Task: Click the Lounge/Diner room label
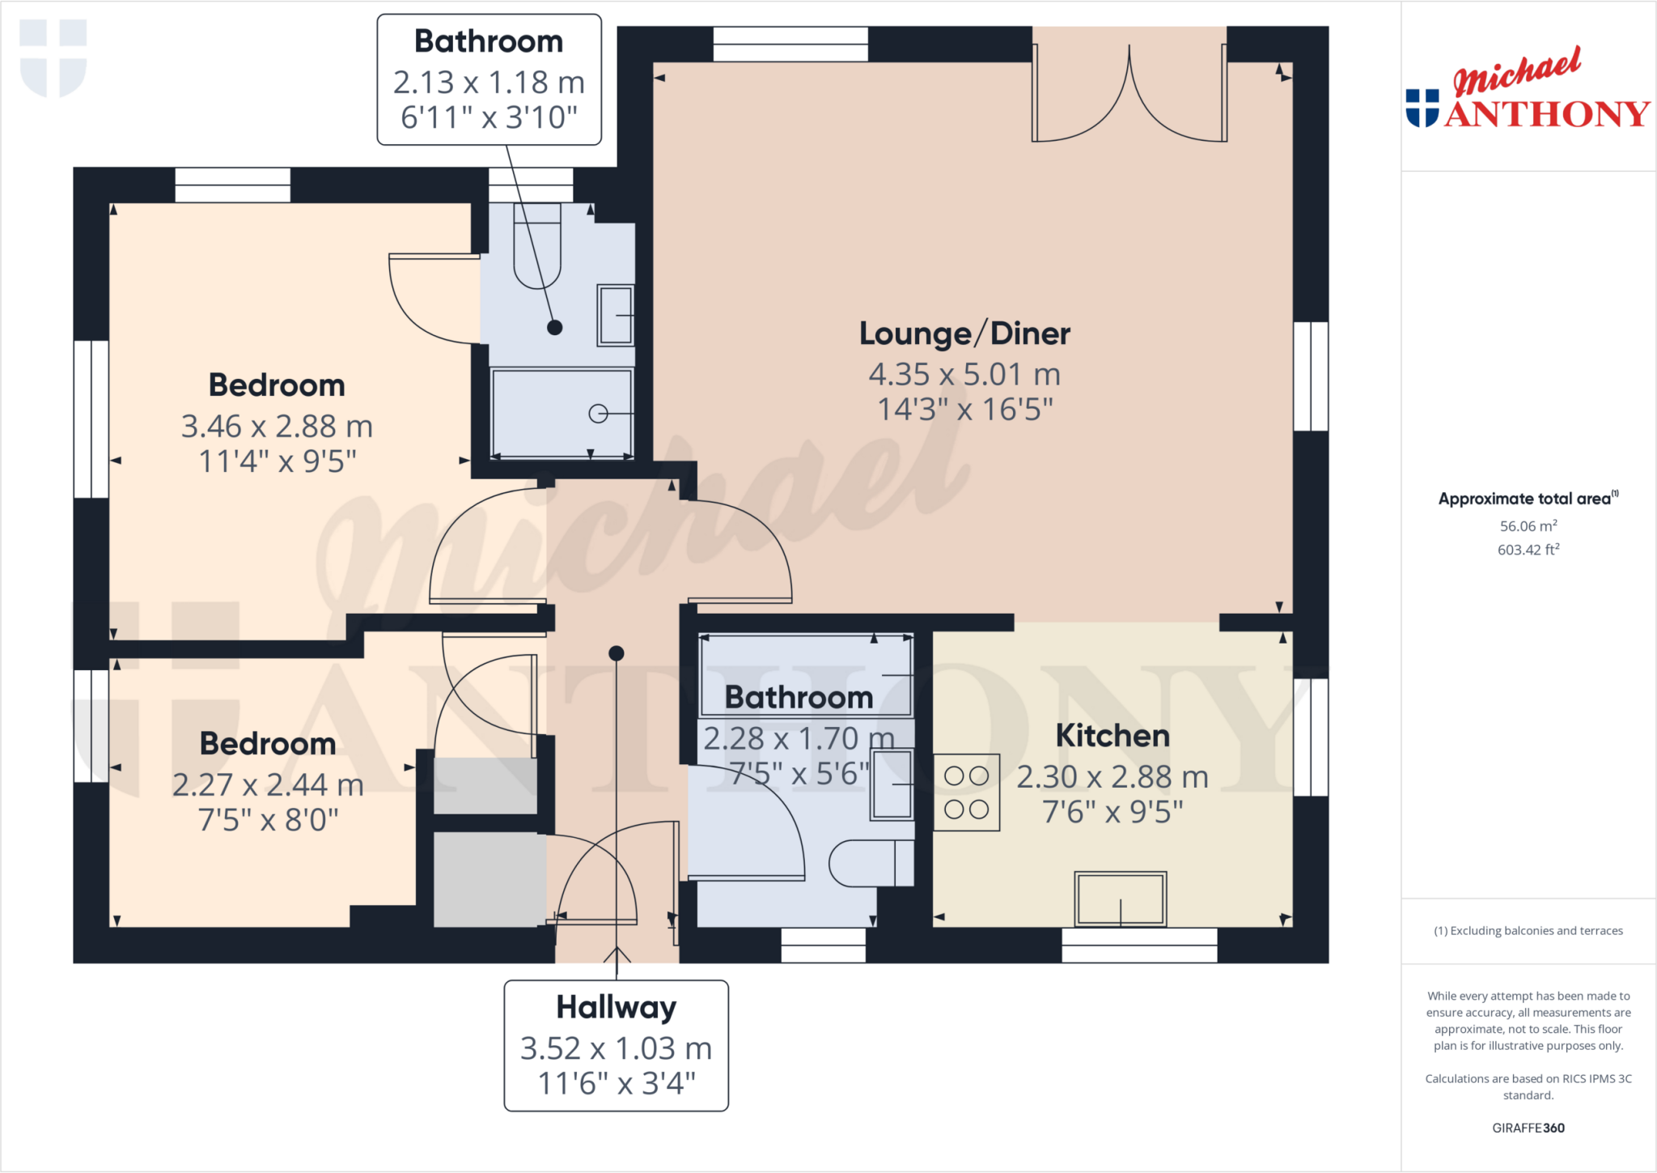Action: pyautogui.click(x=964, y=334)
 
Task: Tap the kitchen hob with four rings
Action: pyautogui.click(x=966, y=793)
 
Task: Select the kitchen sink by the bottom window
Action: pyautogui.click(x=1120, y=899)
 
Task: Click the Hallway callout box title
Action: pyautogui.click(x=616, y=1007)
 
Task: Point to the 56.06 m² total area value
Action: pyautogui.click(x=1528, y=526)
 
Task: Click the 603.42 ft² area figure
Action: pyautogui.click(x=1528, y=550)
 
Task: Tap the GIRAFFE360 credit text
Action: pyautogui.click(x=1528, y=1128)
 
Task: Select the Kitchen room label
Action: pyautogui.click(x=1112, y=736)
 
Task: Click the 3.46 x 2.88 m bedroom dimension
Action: pyautogui.click(x=277, y=426)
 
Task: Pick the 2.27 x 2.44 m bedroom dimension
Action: pyautogui.click(x=268, y=784)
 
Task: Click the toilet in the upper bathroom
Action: pyautogui.click(x=537, y=247)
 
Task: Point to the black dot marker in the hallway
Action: pyautogui.click(x=617, y=653)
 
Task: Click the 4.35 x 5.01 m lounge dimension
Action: pyautogui.click(x=964, y=374)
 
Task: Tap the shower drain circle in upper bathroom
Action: pyautogui.click(x=598, y=414)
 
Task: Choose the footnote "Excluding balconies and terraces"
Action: pyautogui.click(x=1528, y=931)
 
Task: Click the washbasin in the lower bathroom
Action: pyautogui.click(x=891, y=784)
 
